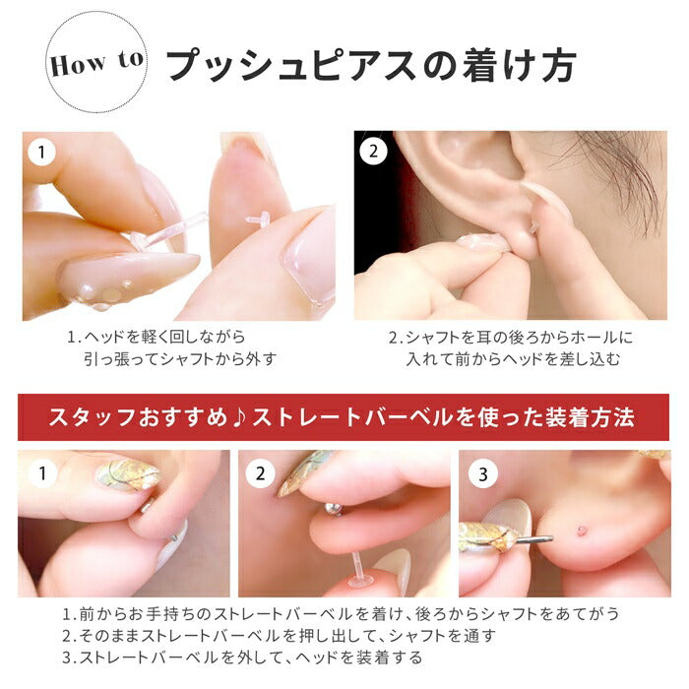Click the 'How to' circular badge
point(96,62)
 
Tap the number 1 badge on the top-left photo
point(41,152)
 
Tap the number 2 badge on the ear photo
point(373,152)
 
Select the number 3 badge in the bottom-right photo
point(483,474)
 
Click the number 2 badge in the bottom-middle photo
point(261,473)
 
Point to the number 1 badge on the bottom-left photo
point(42,473)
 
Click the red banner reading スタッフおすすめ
point(344,417)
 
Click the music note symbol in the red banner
point(238,417)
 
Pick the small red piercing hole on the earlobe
point(582,530)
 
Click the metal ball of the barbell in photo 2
point(333,509)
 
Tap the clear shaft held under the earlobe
point(356,570)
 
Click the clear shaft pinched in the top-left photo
point(169,230)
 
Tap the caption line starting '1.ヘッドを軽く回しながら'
point(156,338)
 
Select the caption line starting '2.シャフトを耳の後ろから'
point(511,338)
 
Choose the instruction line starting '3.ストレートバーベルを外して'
point(242,657)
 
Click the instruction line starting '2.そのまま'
point(279,636)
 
